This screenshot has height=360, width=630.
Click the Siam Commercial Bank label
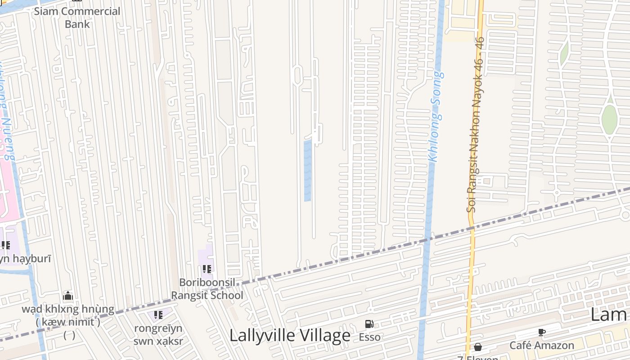(x=77, y=18)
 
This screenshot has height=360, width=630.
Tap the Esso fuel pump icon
(x=369, y=324)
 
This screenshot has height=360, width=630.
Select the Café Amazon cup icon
(x=541, y=333)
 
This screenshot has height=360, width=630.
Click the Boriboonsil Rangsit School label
(x=207, y=289)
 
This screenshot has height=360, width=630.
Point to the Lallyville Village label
(x=290, y=336)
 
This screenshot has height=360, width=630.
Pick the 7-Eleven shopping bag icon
(x=477, y=347)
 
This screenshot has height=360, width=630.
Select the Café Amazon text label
(x=541, y=346)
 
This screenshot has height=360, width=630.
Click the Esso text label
(x=369, y=337)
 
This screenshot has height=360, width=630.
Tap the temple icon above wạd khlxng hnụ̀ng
(x=68, y=296)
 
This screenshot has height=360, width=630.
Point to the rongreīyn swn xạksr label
(x=158, y=334)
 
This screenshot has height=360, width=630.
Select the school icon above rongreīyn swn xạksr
(x=158, y=315)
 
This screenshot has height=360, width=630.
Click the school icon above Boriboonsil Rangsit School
(x=207, y=269)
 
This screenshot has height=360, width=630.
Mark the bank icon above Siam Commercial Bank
(x=77, y=1)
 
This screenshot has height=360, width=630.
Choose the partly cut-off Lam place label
(x=610, y=315)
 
